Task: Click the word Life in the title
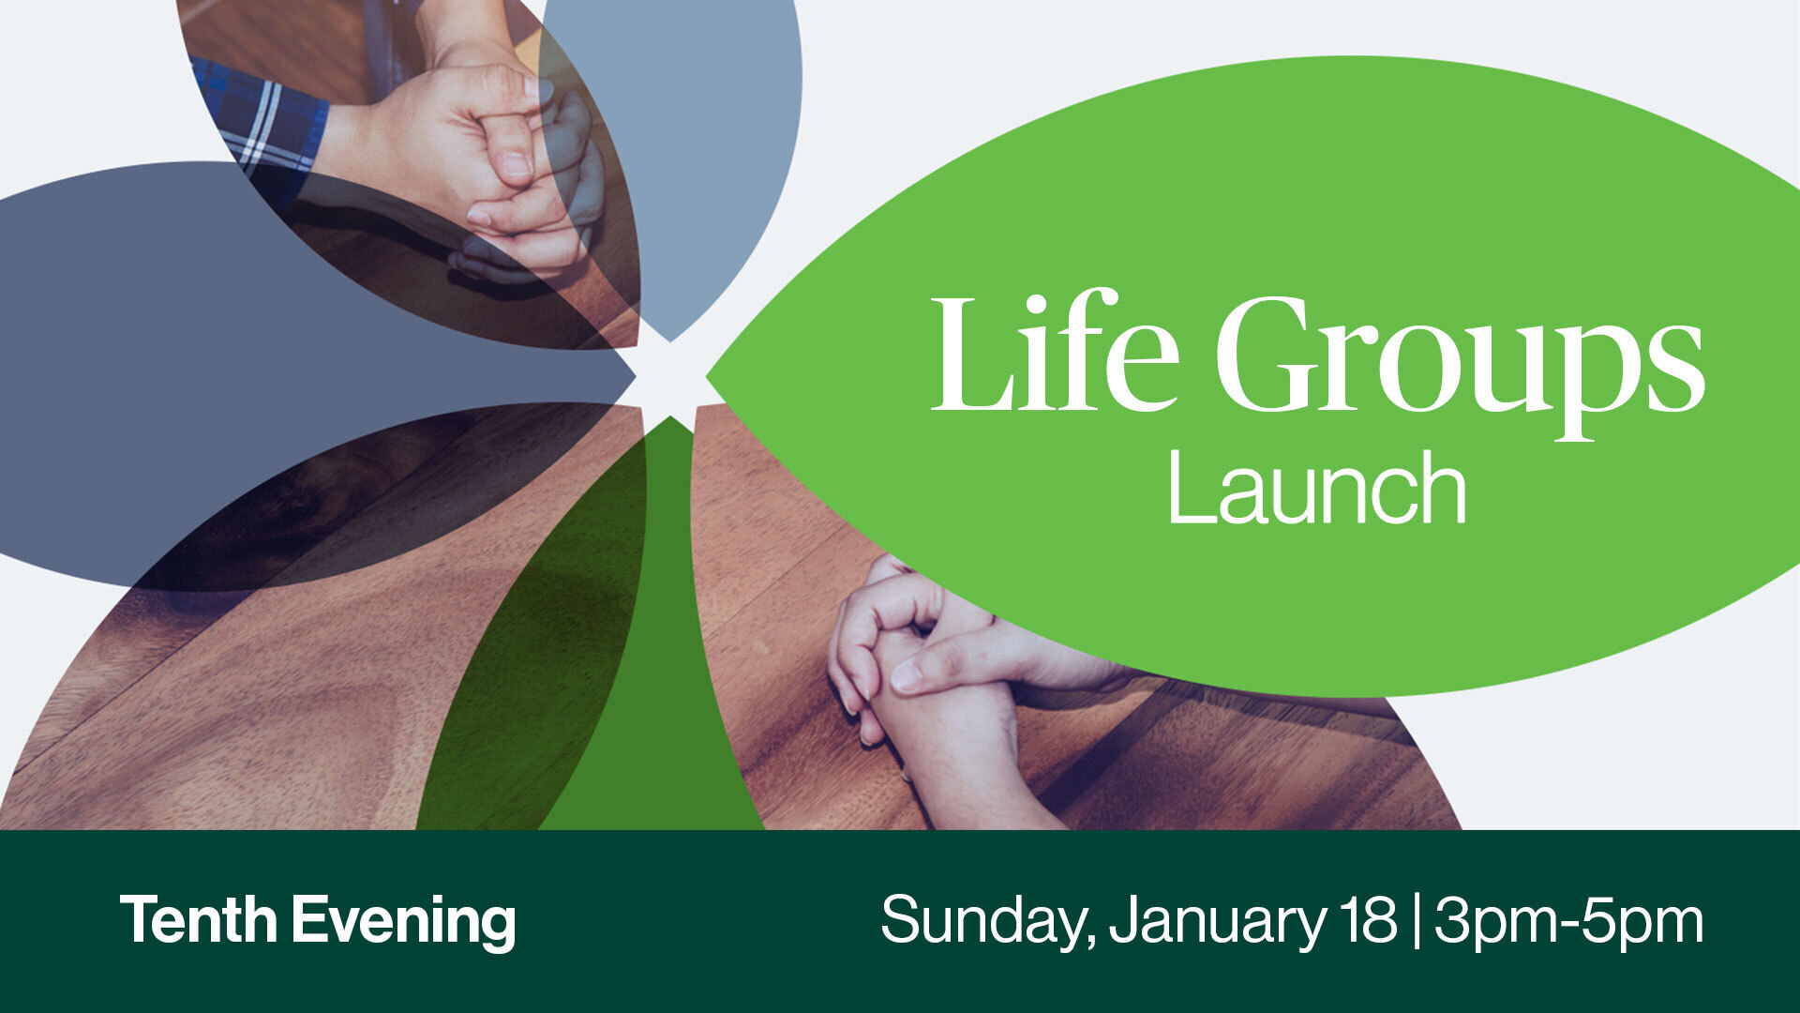(1054, 354)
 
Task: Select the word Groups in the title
(1459, 361)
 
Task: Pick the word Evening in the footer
(403, 922)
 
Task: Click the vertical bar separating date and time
(1414, 922)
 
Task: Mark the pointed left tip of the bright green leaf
(709, 377)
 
